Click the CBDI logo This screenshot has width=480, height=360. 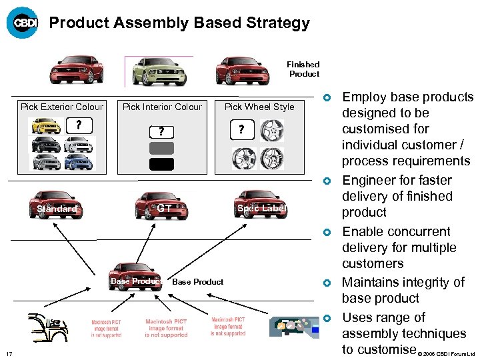click(23, 23)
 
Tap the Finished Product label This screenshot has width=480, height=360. click(303, 69)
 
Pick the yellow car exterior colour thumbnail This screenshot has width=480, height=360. click(46, 126)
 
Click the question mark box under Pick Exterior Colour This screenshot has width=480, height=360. click(79, 125)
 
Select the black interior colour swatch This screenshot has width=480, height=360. click(162, 164)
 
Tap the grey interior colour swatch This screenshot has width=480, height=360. click(162, 148)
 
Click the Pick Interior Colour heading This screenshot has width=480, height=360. click(162, 107)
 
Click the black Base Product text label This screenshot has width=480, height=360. click(198, 281)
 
